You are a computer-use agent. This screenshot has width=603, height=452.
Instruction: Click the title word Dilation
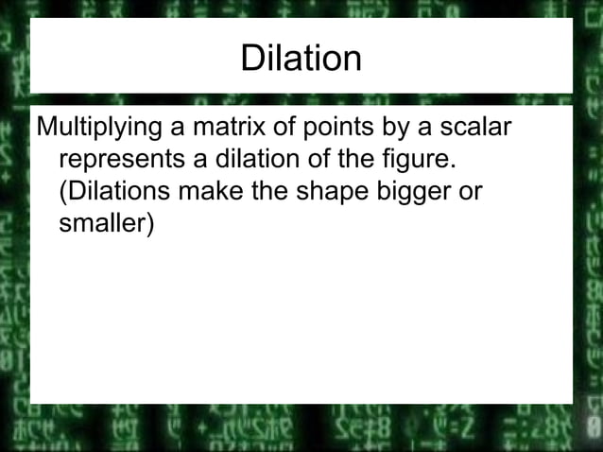pos(301,59)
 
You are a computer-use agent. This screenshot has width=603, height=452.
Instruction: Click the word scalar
pos(475,126)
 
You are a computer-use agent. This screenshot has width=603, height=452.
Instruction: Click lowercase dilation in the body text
pos(266,158)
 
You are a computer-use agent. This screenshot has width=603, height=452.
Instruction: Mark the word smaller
pos(101,222)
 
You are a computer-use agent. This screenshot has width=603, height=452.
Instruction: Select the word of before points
pos(284,126)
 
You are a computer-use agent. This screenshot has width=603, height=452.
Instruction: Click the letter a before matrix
pos(178,127)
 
